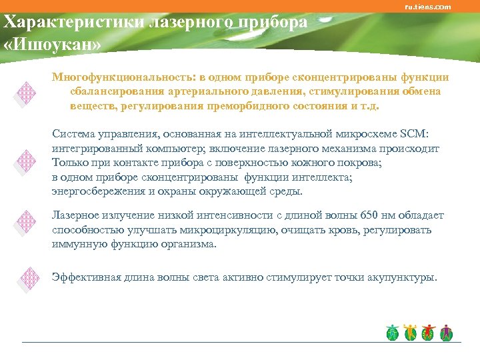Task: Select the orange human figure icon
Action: (x=411, y=331)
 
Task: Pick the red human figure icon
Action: (x=429, y=331)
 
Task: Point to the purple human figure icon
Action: (x=447, y=331)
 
